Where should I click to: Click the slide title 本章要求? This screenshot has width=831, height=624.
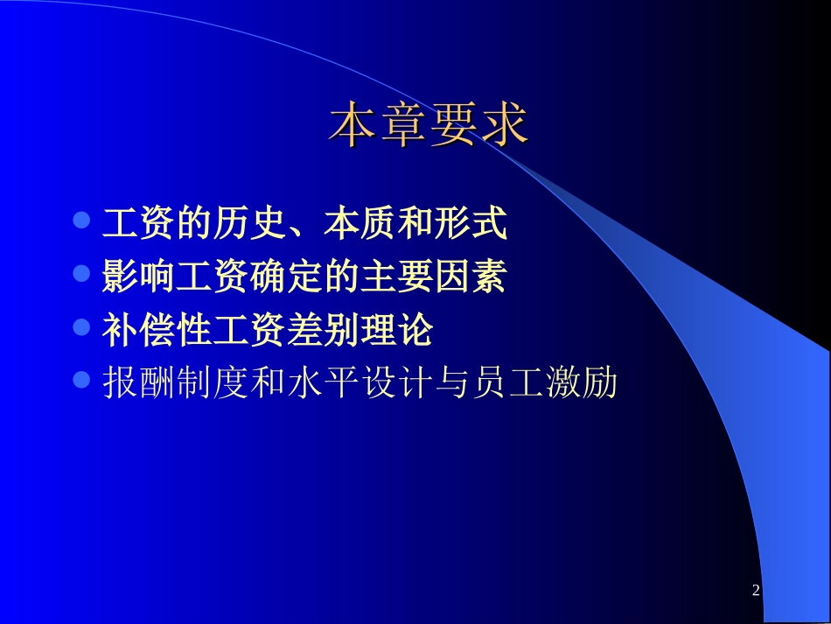point(429,126)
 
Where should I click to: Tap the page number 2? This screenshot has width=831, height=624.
point(756,592)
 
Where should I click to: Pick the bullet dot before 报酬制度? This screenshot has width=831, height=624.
point(82,381)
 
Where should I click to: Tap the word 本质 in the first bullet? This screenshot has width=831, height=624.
point(360,223)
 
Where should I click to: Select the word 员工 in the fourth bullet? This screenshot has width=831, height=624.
point(507,383)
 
